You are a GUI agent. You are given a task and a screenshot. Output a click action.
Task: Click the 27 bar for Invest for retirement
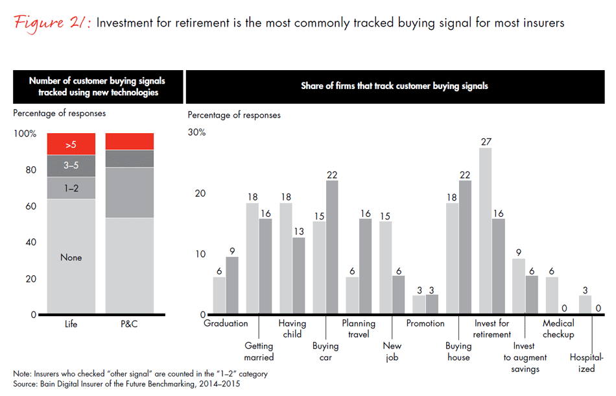point(484,231)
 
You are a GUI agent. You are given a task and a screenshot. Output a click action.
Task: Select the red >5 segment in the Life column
point(71,144)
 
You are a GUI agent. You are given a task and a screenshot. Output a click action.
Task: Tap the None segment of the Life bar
point(71,257)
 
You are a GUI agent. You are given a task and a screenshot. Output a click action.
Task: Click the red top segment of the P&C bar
point(130,142)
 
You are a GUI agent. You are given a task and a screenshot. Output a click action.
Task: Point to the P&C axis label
point(130,324)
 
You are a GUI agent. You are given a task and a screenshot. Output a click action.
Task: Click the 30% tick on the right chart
point(196,132)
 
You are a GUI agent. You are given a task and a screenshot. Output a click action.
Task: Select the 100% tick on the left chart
point(26,133)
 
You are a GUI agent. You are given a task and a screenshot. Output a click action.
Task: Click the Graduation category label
point(226,323)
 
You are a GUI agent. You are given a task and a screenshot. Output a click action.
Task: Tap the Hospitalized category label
point(587,363)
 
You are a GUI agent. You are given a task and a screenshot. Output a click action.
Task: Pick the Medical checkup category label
point(558,328)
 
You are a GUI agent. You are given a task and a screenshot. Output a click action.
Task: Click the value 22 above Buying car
point(332,174)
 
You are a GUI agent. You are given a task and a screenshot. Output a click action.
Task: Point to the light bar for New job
point(385,268)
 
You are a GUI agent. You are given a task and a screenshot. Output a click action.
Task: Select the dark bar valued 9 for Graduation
point(232,286)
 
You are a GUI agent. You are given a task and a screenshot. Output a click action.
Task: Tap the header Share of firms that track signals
point(394,86)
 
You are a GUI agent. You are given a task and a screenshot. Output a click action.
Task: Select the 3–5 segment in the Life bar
point(71,166)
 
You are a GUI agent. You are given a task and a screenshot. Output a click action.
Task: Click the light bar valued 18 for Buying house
point(452,259)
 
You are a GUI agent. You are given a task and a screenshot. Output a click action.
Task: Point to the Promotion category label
point(425,323)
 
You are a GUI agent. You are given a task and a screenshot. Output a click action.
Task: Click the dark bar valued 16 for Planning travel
point(365,267)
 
